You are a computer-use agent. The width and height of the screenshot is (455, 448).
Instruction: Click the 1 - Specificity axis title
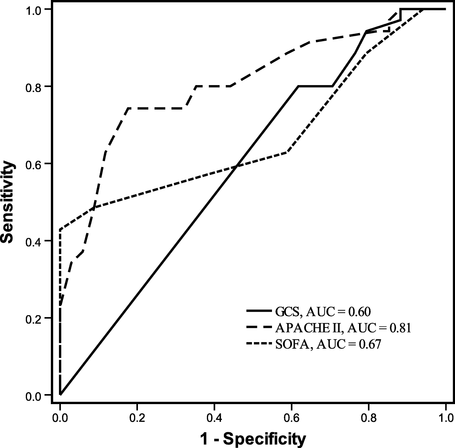253,438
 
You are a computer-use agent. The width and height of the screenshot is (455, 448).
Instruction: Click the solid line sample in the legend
259,310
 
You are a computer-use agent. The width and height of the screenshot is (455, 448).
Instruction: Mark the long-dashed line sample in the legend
259,327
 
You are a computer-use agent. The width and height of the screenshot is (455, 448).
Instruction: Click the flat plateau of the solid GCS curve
315,86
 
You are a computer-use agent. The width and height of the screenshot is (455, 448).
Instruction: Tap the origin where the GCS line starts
60,395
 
